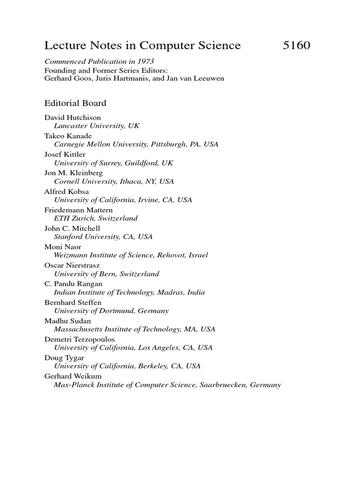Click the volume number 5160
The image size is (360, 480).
(297, 45)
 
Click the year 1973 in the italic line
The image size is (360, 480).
(145, 61)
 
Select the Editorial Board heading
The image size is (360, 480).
(75, 103)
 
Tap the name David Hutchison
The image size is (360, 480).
(73, 118)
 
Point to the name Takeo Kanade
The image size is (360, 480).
(68, 136)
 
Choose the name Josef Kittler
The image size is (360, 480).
(65, 154)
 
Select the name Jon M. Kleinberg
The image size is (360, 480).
(74, 172)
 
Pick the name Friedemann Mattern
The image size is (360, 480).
(78, 210)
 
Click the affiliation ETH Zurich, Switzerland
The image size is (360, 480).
(96, 218)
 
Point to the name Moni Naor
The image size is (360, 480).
(62, 246)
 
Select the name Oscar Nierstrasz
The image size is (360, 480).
(72, 265)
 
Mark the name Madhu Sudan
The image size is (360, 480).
(68, 320)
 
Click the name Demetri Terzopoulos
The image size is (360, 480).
(80, 338)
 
